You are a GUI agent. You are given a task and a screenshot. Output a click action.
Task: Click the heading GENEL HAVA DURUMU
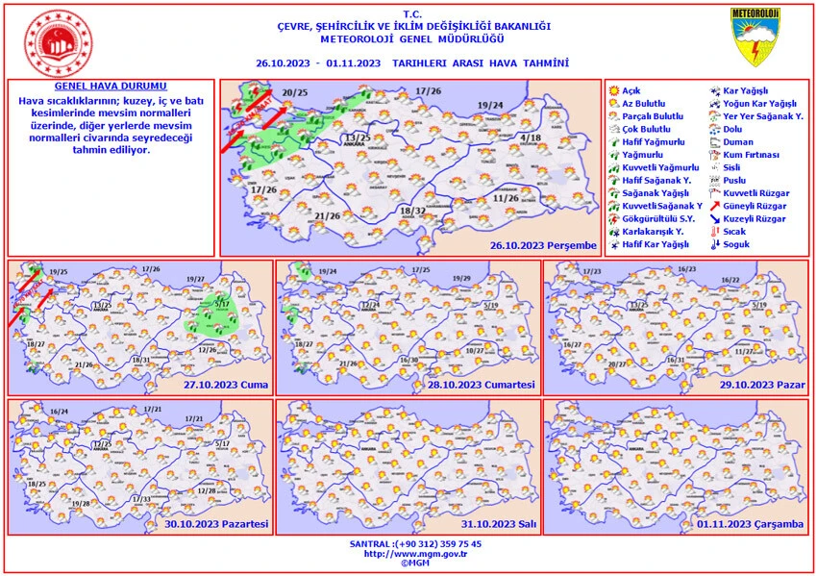point(111,87)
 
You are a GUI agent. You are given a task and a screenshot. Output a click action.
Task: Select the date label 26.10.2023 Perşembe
point(543,245)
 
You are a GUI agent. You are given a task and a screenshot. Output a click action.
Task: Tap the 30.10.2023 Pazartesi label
point(216,525)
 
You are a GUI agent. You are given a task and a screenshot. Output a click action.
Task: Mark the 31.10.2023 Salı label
point(499,525)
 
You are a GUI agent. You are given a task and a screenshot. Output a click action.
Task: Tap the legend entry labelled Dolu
point(733,128)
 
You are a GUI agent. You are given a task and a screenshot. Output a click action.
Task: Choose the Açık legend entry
point(631,89)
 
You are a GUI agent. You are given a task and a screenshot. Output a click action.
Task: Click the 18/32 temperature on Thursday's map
point(412,211)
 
